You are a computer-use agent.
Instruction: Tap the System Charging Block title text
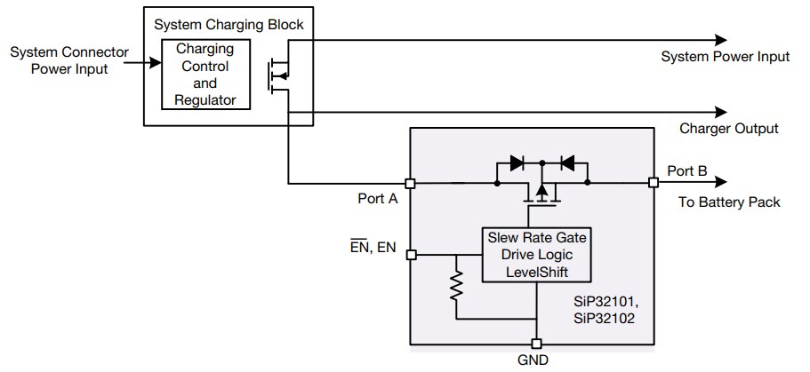pyautogui.click(x=229, y=24)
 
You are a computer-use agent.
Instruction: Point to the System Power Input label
pyautogui.click(x=725, y=57)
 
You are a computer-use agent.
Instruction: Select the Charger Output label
pyautogui.click(x=728, y=129)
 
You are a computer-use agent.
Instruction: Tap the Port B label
pyautogui.click(x=686, y=171)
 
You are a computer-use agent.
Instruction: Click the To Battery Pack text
pyautogui.click(x=728, y=202)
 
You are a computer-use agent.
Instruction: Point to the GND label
pyautogui.click(x=533, y=360)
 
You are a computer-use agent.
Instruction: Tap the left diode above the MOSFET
pyautogui.click(x=517, y=163)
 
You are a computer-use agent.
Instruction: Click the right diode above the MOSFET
pyautogui.click(x=566, y=163)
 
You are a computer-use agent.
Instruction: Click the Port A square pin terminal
pyautogui.click(x=410, y=184)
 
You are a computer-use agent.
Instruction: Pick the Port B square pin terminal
pyautogui.click(x=654, y=183)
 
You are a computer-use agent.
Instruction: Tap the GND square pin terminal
pyautogui.click(x=536, y=344)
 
